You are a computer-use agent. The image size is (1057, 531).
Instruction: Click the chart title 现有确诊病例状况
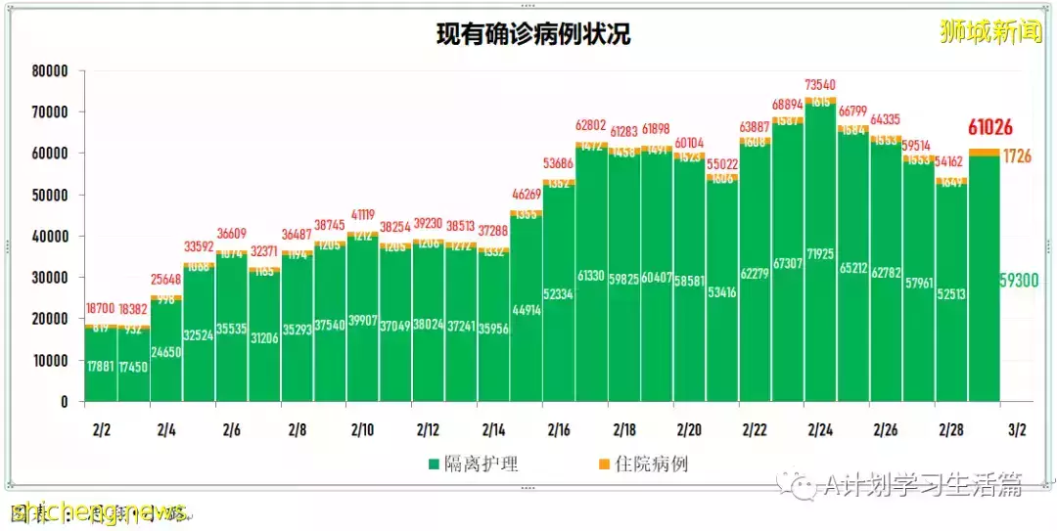533,35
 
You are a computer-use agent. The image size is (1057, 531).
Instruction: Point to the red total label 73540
819,85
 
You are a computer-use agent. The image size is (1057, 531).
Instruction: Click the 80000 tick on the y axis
49,71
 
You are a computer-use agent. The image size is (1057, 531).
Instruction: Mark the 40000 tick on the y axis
49,237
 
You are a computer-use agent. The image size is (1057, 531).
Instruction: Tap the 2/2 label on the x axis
101,429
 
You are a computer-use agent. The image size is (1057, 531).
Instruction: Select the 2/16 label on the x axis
559,429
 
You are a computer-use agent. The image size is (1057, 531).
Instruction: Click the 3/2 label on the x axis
1017,429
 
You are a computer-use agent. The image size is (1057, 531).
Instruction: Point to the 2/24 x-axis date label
820,429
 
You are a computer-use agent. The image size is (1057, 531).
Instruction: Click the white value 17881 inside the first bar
101,368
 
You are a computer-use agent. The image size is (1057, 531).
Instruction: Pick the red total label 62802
591,125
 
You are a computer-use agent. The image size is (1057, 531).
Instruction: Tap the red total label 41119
362,215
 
